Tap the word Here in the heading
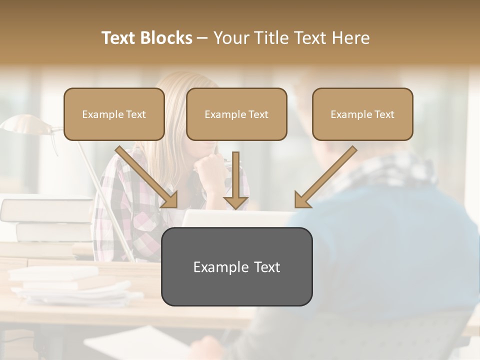click(350, 38)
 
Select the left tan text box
click(114, 114)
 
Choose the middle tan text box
click(236, 114)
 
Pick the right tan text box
click(362, 114)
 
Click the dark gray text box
click(236, 266)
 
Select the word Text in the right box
click(384, 114)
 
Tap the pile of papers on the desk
click(70, 287)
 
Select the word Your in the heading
click(230, 38)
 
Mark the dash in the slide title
click(202, 38)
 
